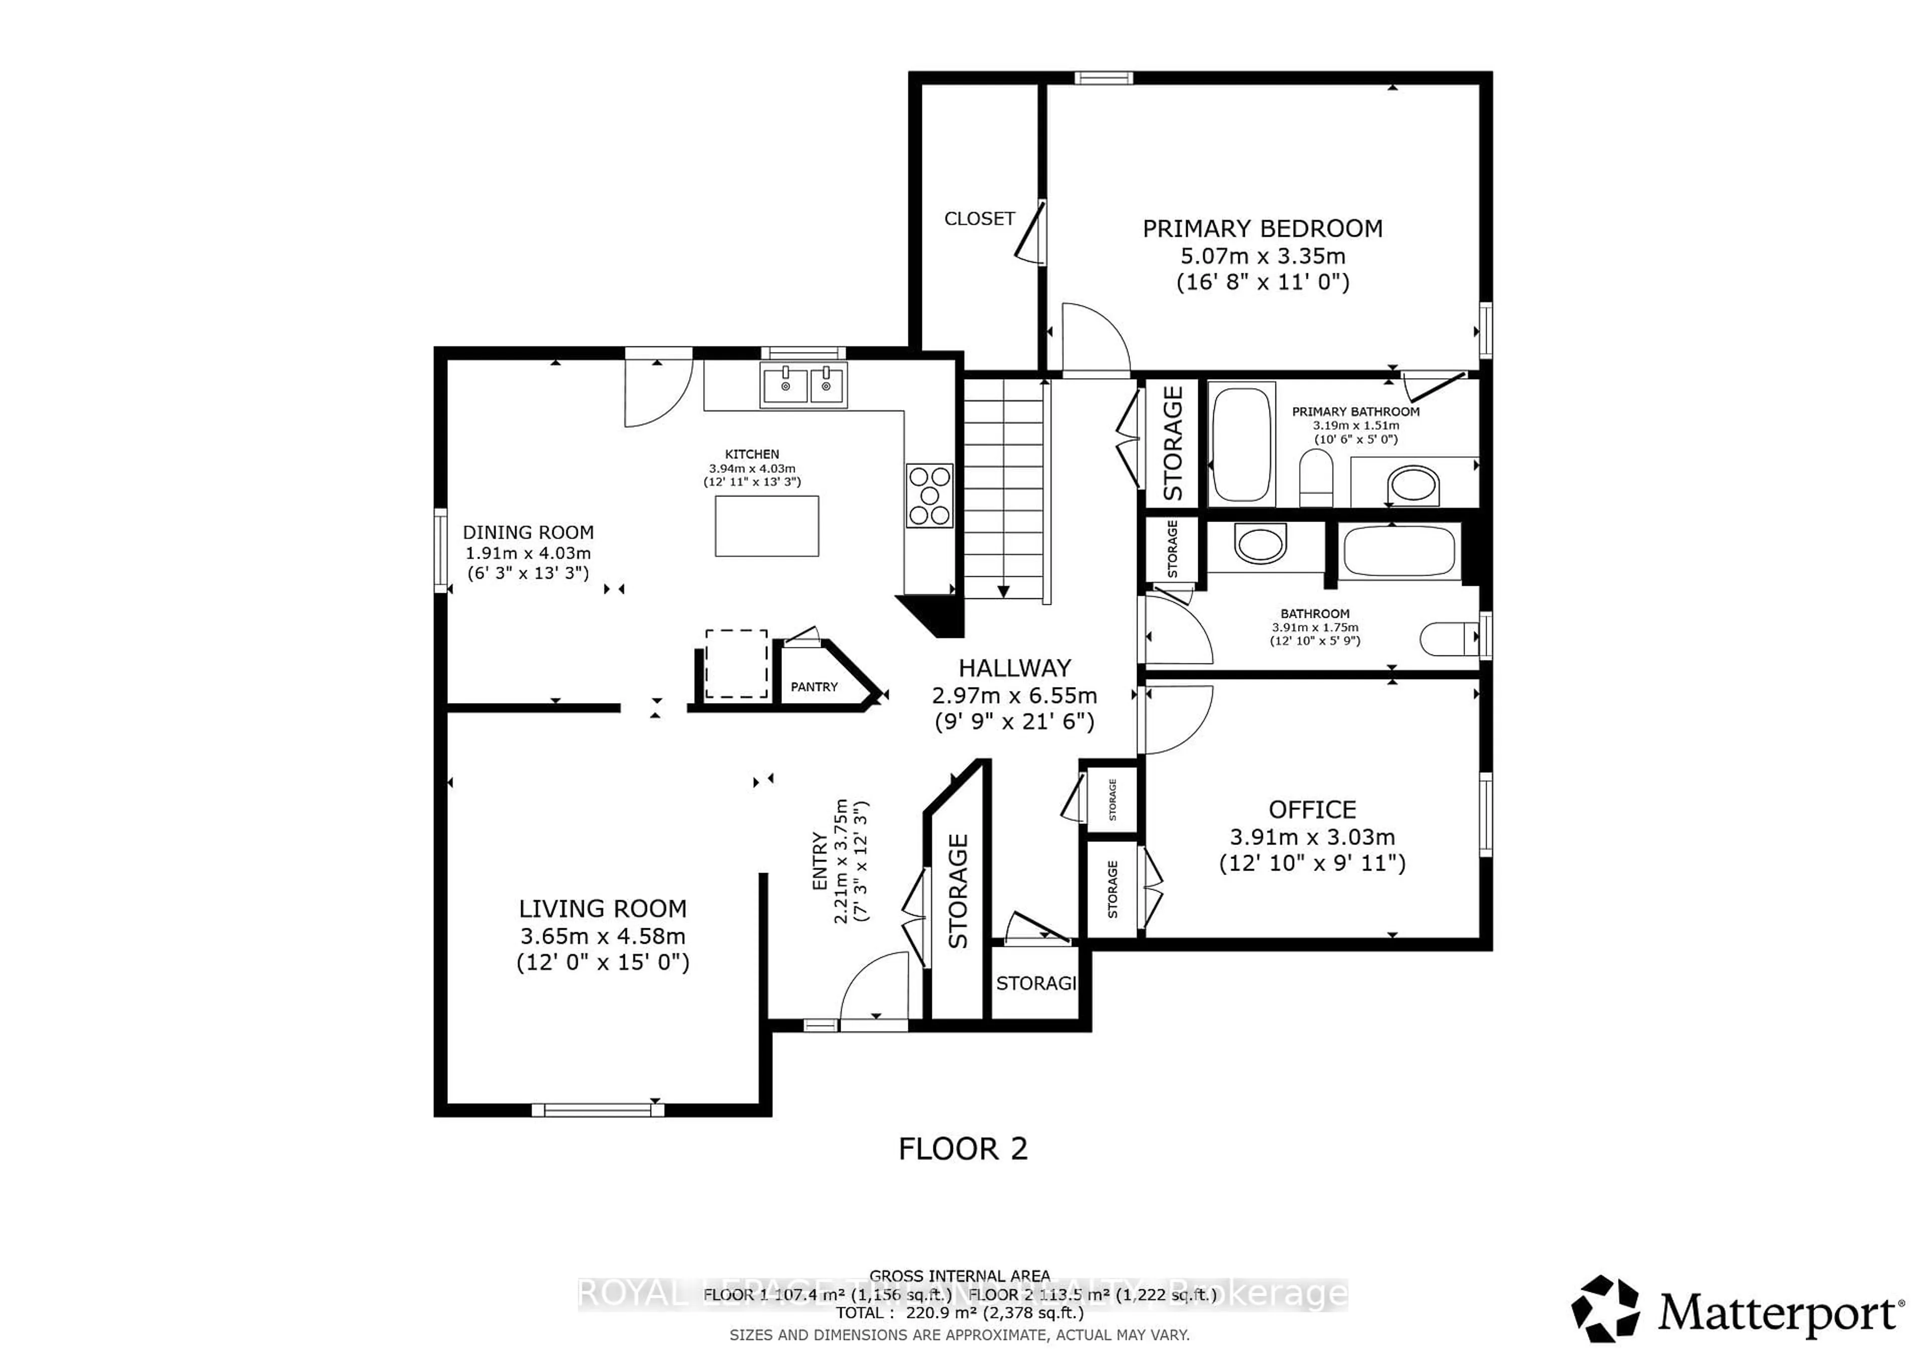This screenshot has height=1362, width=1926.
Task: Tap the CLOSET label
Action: click(x=979, y=219)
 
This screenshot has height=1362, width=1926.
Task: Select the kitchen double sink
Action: click(x=803, y=386)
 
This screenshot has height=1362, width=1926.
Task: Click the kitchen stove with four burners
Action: click(x=929, y=495)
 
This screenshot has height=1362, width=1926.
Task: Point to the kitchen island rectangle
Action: click(x=766, y=526)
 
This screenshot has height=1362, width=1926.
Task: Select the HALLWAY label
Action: click(x=1014, y=668)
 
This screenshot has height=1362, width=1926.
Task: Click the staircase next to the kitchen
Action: click(x=1003, y=490)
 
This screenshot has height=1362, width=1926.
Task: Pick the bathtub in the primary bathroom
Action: click(x=1241, y=444)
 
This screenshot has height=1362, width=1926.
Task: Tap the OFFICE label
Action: click(x=1312, y=810)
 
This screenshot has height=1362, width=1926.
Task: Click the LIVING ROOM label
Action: click(x=602, y=909)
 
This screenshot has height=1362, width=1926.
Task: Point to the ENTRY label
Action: click(x=820, y=862)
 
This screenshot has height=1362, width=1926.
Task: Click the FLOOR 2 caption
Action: click(x=962, y=1149)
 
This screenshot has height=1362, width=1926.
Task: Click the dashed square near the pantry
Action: click(x=736, y=663)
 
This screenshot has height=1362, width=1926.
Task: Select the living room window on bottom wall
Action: click(x=597, y=1110)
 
